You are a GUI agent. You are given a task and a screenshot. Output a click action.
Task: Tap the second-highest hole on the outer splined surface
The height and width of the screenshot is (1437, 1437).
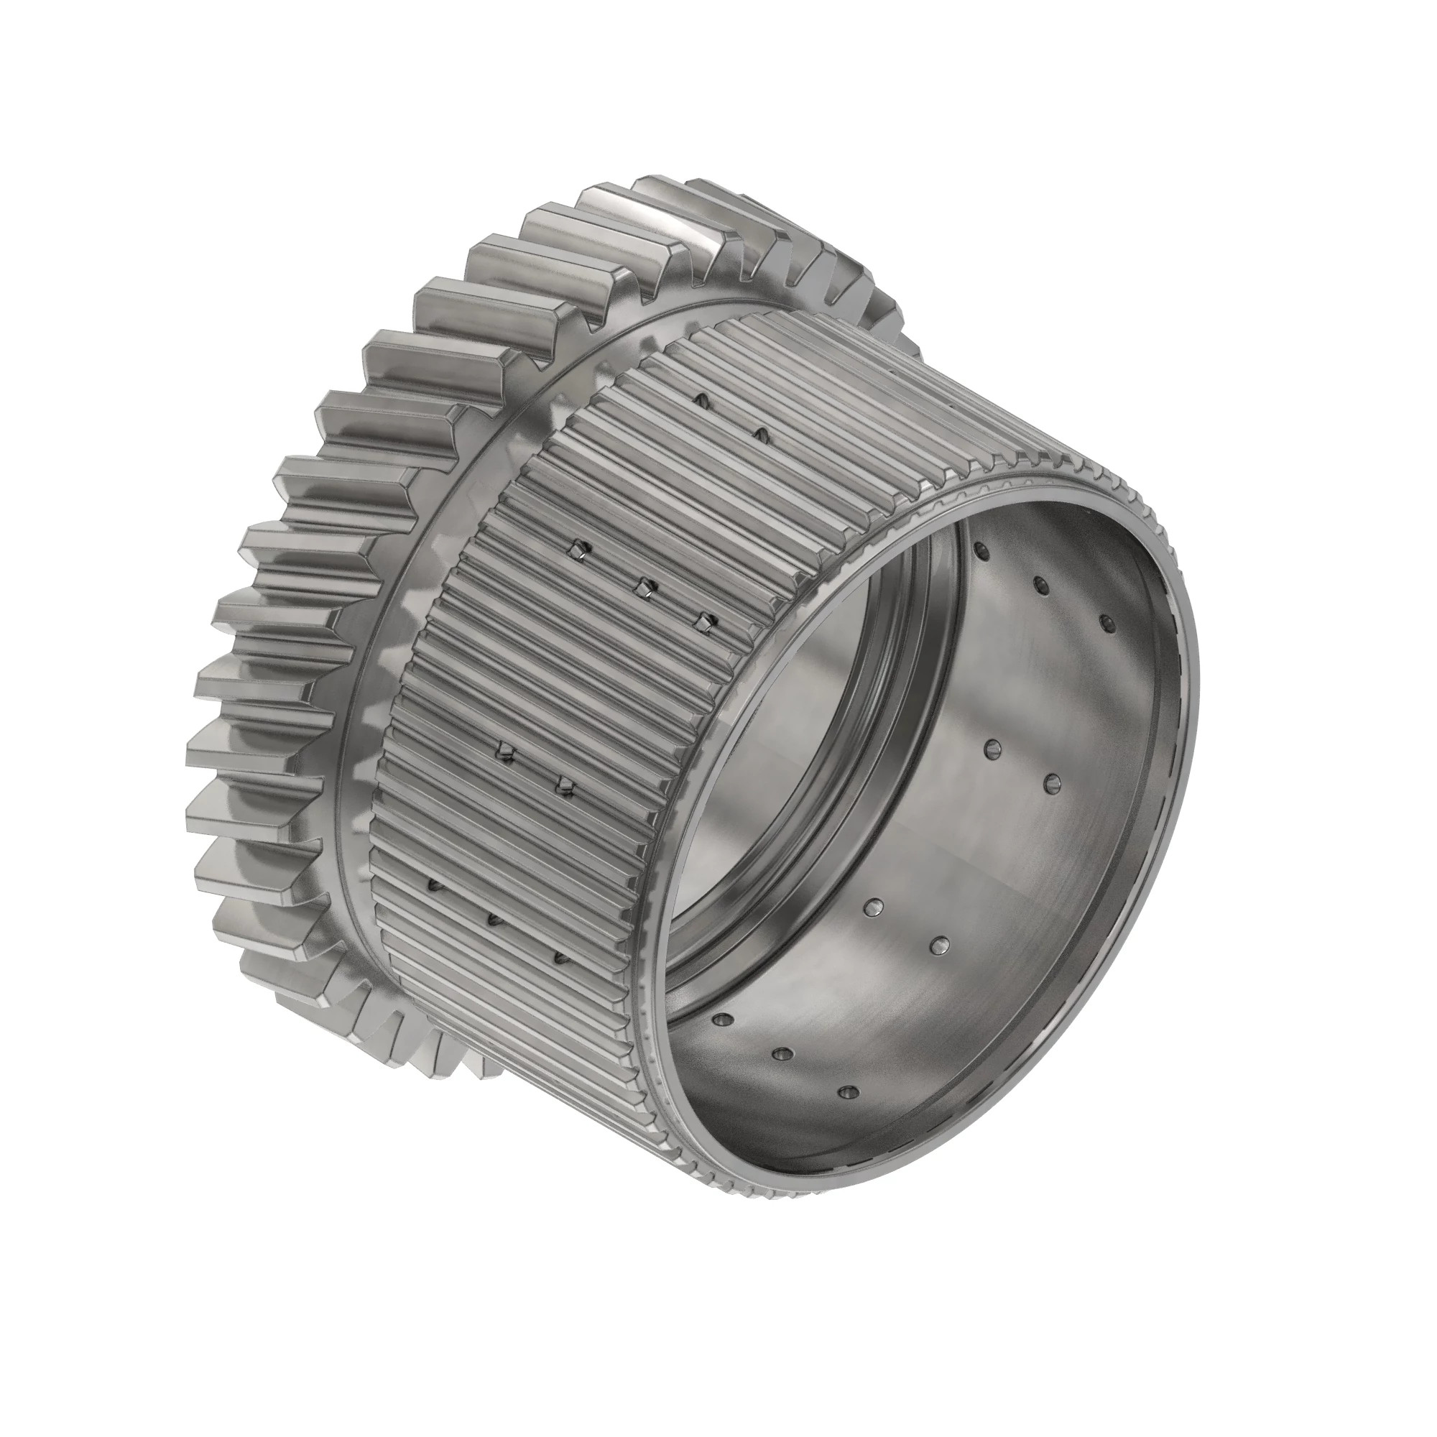pyautogui.click(x=760, y=432)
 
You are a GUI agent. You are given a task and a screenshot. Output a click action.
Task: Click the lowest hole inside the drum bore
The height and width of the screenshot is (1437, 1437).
pyautogui.click(x=846, y=1093)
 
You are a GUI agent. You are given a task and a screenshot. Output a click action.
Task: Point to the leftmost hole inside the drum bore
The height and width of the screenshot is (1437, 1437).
pyautogui.click(x=720, y=1017)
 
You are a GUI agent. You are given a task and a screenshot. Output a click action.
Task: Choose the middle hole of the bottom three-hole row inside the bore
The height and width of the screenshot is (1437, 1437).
pyautogui.click(x=782, y=1054)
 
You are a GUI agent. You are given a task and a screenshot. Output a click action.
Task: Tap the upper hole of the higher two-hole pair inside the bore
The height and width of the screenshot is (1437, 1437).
pyautogui.click(x=990, y=746)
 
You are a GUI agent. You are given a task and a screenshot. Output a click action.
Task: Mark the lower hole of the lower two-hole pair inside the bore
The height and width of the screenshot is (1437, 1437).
pyautogui.click(x=938, y=943)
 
